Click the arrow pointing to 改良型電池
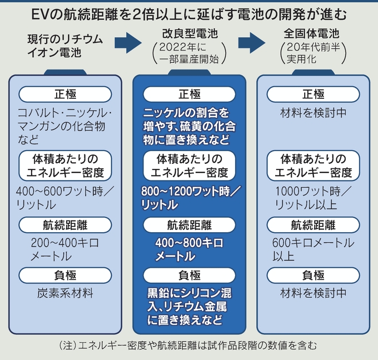coord(130,42)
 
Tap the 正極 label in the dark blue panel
coord(189,94)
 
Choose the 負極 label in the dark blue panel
coord(189,274)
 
